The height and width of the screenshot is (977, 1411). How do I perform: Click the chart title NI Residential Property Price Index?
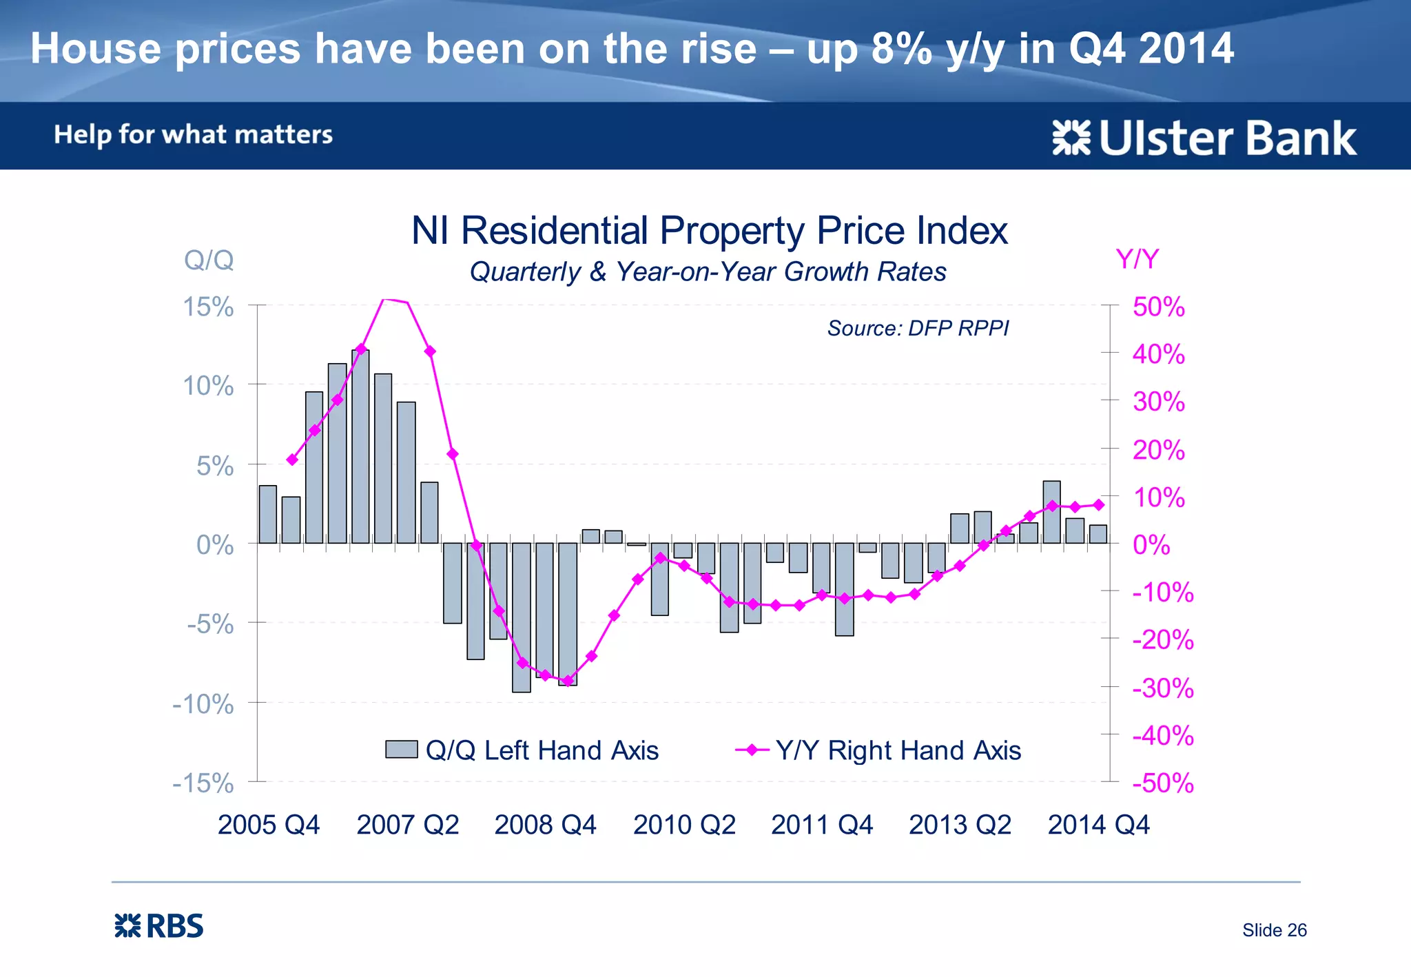[709, 231]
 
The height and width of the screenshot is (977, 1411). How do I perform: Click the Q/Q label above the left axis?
[209, 260]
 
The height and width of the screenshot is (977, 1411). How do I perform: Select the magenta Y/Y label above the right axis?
[1137, 260]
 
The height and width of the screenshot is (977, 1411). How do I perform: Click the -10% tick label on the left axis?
[203, 704]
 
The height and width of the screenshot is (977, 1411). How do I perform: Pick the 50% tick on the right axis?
[1159, 307]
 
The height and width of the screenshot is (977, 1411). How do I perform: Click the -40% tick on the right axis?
[1163, 735]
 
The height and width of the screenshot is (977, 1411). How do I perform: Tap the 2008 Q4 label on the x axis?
[545, 825]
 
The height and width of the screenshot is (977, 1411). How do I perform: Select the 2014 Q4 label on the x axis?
[1098, 825]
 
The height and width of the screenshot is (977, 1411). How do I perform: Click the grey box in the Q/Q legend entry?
[401, 749]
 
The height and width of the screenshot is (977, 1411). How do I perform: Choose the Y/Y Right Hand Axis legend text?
[898, 750]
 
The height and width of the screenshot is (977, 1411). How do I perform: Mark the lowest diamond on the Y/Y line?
[568, 681]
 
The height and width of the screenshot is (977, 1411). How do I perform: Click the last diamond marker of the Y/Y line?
[1099, 505]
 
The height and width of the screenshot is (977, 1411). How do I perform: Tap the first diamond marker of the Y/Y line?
[292, 460]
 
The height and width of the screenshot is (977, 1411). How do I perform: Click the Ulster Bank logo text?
[1226, 138]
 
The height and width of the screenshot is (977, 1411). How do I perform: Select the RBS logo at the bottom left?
[159, 926]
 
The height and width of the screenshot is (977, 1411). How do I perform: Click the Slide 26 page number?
[1274, 930]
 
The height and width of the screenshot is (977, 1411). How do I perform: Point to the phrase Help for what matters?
[194, 134]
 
